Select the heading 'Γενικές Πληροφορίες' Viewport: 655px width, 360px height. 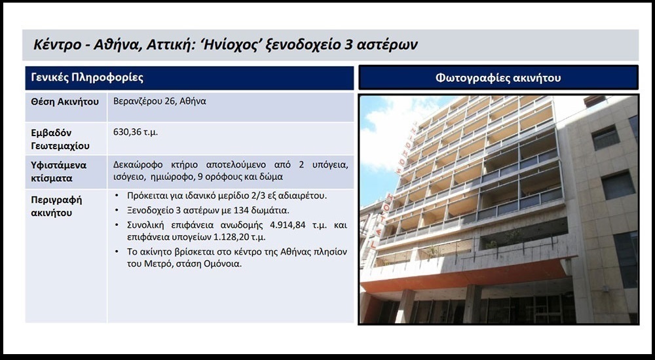[87, 78]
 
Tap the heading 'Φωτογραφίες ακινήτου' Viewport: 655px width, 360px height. [498, 78]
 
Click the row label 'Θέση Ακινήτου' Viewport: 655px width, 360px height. [65, 101]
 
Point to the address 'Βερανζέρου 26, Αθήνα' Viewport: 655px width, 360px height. [160, 101]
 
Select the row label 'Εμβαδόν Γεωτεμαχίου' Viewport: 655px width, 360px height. [60, 139]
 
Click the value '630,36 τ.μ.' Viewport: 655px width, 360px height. [136, 132]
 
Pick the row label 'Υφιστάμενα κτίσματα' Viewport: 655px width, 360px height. [59, 171]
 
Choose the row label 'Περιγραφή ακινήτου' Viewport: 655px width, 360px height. [56, 206]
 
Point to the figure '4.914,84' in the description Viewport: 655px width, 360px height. [287, 225]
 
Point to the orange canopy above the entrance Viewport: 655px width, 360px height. [466, 276]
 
